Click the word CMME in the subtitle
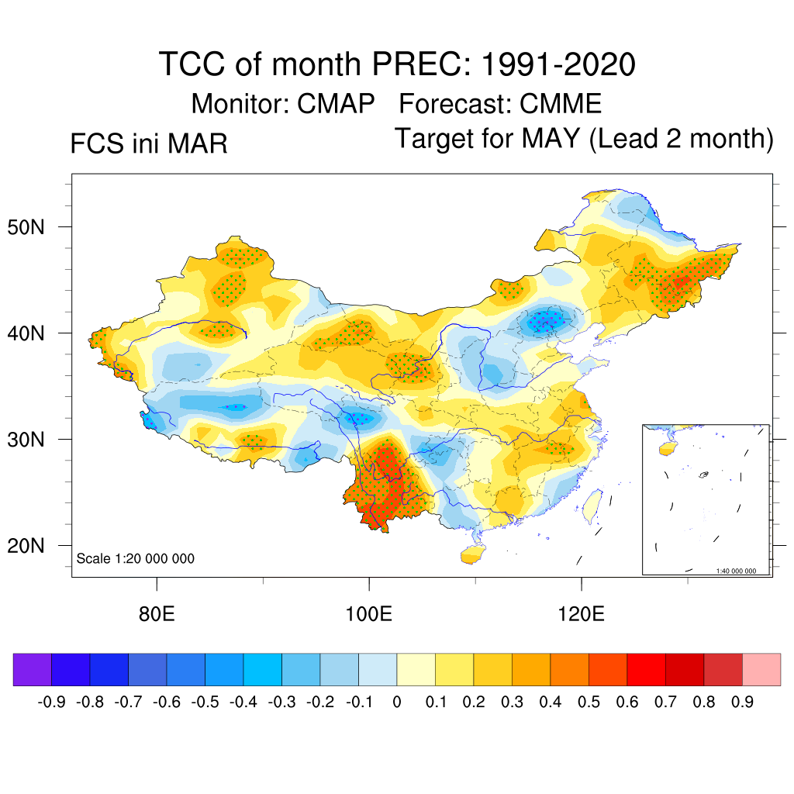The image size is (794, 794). tap(561, 103)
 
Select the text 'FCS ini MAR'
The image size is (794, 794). tap(149, 144)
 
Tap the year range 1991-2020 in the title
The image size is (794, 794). tap(558, 64)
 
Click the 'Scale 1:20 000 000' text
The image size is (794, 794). tap(136, 559)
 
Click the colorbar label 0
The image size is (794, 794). tap(397, 703)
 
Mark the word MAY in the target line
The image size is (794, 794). tap(551, 139)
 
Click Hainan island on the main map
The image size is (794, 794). tap(470, 555)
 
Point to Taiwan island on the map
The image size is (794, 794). tap(592, 505)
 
